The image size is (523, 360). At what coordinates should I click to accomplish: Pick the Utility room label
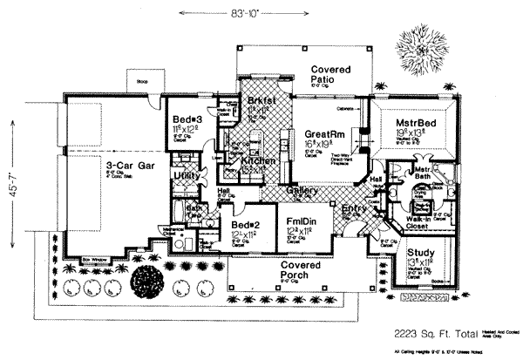[x=187, y=176]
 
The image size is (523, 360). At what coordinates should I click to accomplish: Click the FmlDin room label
[x=299, y=221]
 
